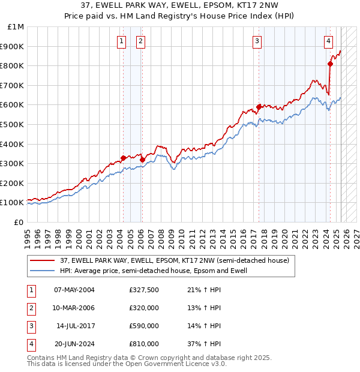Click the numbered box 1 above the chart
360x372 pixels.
(122, 41)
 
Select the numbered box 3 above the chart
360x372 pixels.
(257, 41)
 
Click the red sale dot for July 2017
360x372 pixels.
(259, 107)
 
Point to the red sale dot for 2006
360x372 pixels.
(142, 160)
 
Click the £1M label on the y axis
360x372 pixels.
(16, 27)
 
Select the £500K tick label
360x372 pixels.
(13, 125)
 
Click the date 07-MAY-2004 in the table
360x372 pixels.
(74, 290)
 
